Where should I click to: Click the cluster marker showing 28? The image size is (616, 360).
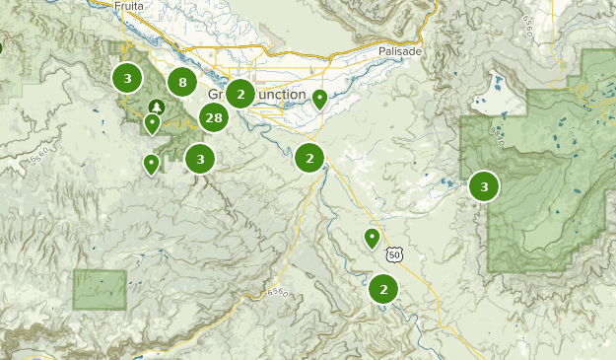tap(213, 118)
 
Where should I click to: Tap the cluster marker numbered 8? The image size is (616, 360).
tap(181, 83)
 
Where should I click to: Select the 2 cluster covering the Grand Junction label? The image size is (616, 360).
tap(240, 94)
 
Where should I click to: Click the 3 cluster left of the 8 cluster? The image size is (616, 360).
tap(126, 77)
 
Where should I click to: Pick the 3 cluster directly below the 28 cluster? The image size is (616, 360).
tap(200, 158)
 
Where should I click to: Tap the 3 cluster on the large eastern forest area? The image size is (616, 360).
tap(484, 186)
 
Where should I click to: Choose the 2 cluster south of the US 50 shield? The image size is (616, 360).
tap(383, 289)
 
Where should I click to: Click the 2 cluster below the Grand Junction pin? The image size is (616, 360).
tap(309, 157)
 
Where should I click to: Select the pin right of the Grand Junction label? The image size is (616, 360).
tap(319, 98)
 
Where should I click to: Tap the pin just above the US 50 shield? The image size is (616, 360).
tap(372, 237)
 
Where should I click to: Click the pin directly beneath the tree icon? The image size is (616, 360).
tap(152, 123)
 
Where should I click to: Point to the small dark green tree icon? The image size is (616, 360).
tap(155, 106)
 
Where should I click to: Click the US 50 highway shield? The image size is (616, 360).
tap(394, 254)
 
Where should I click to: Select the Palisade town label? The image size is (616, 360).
tap(399, 50)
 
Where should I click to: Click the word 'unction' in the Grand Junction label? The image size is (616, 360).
tap(281, 95)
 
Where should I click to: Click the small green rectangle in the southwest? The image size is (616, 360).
tap(100, 289)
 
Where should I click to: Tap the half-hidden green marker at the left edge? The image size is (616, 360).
tap(1, 46)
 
